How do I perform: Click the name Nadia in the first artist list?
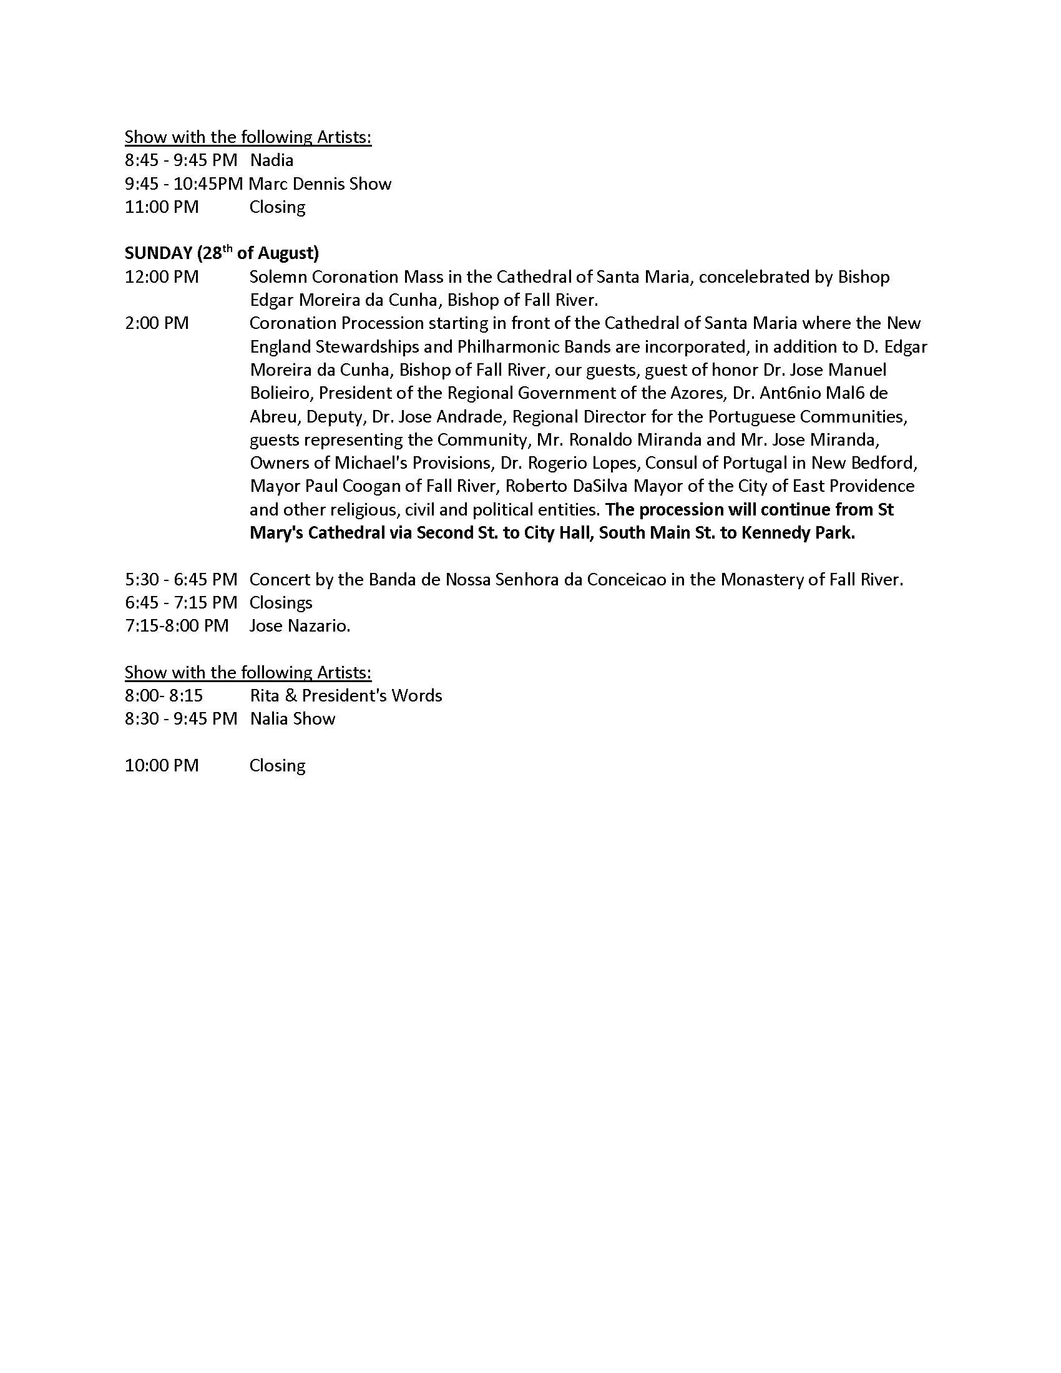[271, 160]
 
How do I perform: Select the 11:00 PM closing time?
[162, 207]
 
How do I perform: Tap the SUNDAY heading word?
[159, 253]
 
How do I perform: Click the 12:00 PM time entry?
[162, 276]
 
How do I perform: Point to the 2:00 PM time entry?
[157, 323]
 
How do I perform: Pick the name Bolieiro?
[281, 393]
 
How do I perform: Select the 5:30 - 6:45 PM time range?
[181, 579]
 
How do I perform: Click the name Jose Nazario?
[300, 626]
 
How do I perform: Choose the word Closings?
[281, 603]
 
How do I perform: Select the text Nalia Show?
[292, 718]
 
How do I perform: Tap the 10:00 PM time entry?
[162, 765]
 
